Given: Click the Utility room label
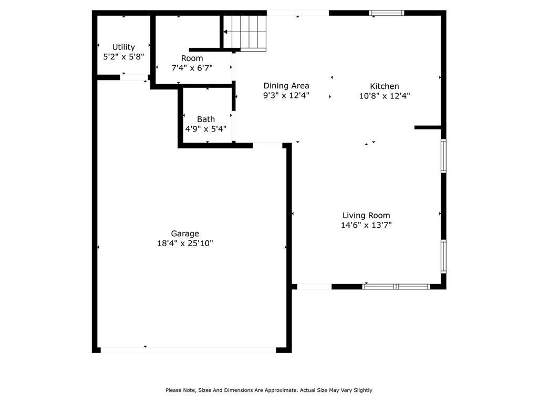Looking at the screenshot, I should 123,47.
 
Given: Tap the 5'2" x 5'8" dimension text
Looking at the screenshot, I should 123,57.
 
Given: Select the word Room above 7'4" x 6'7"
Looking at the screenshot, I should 192,58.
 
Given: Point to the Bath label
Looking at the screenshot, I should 205,119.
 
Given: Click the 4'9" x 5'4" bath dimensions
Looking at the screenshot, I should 205,129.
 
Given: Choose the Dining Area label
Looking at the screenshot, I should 286,86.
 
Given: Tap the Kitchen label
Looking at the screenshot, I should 385,86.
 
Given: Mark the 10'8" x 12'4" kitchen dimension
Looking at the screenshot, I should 385,96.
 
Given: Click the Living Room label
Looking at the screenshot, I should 366,215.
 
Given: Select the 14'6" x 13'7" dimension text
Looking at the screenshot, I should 366,225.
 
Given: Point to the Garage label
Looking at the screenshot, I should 184,234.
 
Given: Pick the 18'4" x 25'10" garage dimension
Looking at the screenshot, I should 184,243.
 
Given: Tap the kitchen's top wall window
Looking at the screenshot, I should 387,13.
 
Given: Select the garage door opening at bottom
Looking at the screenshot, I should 188,350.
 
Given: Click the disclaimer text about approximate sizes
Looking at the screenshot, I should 269,390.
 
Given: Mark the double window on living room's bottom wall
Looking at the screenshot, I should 397,287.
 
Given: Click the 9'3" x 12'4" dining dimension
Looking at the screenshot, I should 286,96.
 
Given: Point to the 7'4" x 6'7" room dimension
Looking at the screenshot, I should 192,68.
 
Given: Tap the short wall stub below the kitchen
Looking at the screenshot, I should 428,127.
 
